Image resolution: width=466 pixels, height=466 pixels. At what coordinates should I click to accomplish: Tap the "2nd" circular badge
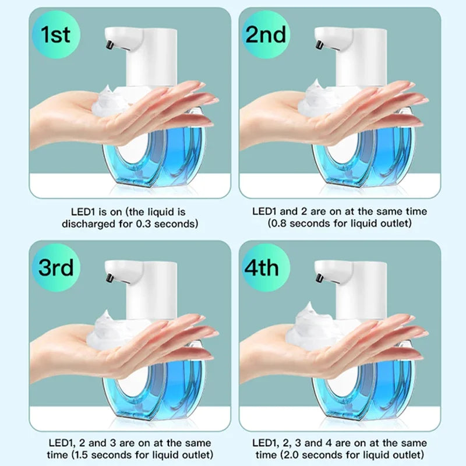point(264,35)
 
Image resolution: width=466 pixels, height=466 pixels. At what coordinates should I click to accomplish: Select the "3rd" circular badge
point(56,268)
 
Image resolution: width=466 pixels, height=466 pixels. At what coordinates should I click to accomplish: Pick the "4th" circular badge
point(264,268)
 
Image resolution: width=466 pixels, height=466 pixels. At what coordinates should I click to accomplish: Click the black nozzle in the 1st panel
point(108,44)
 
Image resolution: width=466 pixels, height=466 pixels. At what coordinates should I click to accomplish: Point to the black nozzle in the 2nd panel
point(319,44)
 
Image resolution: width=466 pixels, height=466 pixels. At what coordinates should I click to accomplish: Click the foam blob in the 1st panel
point(113,100)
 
